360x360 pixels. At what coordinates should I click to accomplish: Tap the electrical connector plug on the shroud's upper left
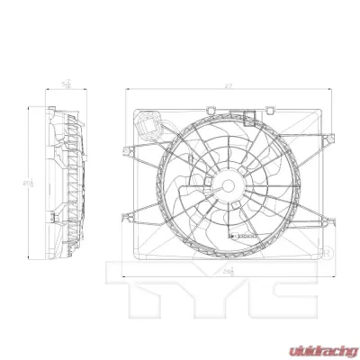click(150, 124)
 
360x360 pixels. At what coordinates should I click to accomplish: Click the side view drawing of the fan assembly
click(65, 184)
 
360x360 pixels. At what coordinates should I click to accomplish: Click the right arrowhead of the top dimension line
click(323, 88)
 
